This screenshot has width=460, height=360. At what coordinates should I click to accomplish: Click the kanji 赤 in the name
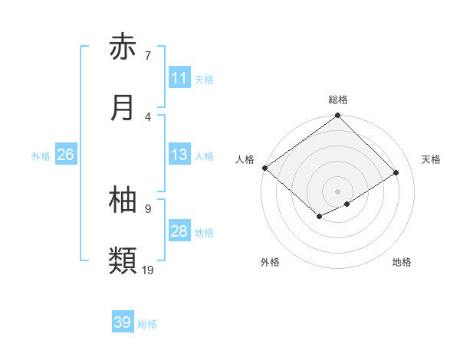pyautogui.click(x=123, y=47)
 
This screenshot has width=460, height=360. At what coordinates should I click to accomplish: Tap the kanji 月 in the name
pyautogui.click(x=123, y=108)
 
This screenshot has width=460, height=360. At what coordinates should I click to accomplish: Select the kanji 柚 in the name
pyautogui.click(x=123, y=200)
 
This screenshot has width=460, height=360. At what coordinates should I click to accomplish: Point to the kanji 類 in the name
pyautogui.click(x=123, y=261)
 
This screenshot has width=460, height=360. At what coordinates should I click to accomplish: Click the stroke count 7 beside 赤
pyautogui.click(x=147, y=55)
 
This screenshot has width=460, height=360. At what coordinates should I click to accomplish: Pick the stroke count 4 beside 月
pyautogui.click(x=147, y=116)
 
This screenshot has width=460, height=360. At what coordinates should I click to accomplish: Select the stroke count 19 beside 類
pyautogui.click(x=149, y=270)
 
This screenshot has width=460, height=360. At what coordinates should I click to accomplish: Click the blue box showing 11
pyautogui.click(x=179, y=78)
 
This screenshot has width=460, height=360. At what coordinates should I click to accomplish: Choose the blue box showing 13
pyautogui.click(x=179, y=155)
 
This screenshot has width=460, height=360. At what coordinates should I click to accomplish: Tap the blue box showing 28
pyautogui.click(x=179, y=231)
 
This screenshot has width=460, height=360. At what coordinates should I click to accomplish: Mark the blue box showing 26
pyautogui.click(x=65, y=155)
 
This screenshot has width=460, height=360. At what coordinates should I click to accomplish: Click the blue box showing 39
pyautogui.click(x=123, y=322)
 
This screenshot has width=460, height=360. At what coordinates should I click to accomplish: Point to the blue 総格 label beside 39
pyautogui.click(x=147, y=324)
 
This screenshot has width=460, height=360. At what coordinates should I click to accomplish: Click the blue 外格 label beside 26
pyautogui.click(x=41, y=156)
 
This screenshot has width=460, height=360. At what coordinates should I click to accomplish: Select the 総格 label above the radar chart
pyautogui.click(x=338, y=100)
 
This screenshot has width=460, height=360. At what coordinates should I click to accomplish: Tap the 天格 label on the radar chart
pyautogui.click(x=432, y=159)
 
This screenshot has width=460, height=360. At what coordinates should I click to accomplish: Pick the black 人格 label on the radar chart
pyautogui.click(x=245, y=159)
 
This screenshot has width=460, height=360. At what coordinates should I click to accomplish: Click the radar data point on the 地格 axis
pyautogui.click(x=347, y=204)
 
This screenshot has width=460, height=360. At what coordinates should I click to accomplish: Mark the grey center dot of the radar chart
pyautogui.click(x=337, y=191)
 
